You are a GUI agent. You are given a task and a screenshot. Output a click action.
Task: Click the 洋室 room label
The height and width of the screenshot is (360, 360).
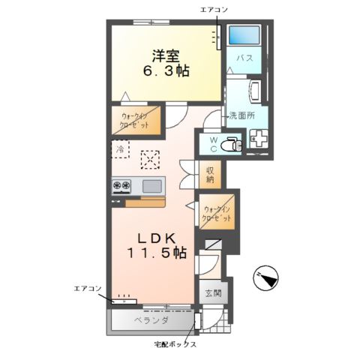coord(166,56)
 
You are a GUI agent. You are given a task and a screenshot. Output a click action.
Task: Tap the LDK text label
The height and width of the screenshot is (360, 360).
coord(157,239)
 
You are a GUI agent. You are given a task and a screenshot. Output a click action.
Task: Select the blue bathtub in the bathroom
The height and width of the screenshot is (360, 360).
coord(244,34)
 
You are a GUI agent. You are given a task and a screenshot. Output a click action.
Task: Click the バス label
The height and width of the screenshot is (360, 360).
coord(245,58)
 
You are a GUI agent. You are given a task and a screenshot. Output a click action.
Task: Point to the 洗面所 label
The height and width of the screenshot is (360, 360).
coord(242,115)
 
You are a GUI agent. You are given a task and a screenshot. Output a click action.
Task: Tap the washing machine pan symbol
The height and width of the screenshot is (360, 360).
coord(259,139)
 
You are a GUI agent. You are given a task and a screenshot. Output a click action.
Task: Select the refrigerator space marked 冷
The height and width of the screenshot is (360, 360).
coord(120,149)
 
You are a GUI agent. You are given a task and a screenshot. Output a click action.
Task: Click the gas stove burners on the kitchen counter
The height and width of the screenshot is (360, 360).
coord(121,185)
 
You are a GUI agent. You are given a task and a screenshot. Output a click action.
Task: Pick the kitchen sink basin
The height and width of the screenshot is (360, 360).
coord(151,186)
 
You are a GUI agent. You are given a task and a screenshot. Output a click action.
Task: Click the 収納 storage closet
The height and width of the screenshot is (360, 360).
coord(210,174)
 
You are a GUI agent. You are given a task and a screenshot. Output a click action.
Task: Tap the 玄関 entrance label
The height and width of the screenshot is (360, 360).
coord(213,292)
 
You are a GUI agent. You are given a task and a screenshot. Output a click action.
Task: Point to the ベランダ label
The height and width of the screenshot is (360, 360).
coord(151,320)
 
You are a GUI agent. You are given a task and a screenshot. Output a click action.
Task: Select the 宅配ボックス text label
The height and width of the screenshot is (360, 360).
coord(175,345)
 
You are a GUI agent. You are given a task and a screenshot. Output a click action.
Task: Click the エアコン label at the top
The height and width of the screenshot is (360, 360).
coord(214,10)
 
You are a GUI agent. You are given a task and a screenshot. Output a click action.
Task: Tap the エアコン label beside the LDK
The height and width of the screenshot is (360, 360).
coord(88,289)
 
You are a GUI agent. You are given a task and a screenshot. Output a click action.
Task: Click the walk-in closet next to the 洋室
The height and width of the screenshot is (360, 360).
coord(136,121)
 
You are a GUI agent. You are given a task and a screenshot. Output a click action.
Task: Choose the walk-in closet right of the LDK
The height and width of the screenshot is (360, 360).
coord(217,212)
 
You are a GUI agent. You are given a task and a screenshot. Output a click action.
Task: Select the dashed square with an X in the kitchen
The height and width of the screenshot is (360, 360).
coord(150,160)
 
